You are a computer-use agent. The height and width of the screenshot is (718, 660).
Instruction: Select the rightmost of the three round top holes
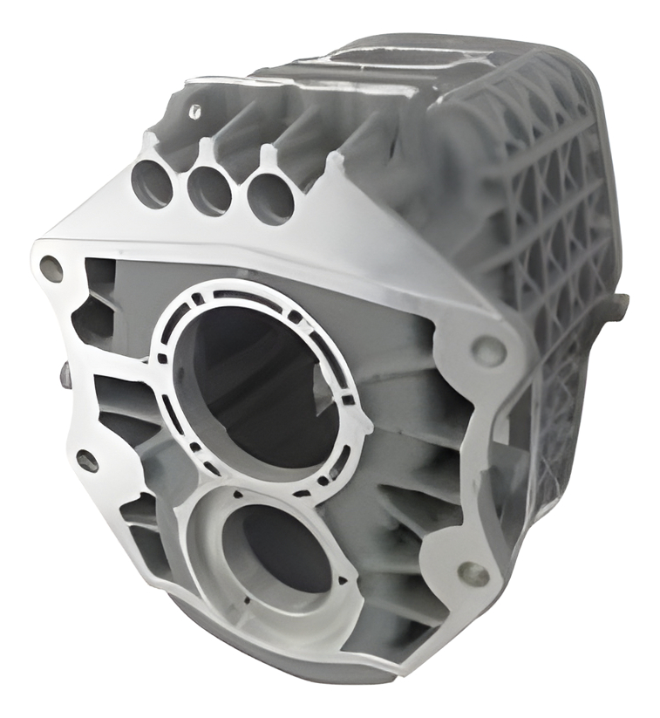270,197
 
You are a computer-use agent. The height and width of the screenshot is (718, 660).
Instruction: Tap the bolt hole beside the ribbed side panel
487,350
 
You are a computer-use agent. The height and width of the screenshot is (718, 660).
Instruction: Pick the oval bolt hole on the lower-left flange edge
87,460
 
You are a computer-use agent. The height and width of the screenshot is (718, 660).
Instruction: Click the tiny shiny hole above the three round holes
195,111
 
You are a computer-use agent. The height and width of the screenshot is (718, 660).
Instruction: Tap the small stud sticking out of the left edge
66,375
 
